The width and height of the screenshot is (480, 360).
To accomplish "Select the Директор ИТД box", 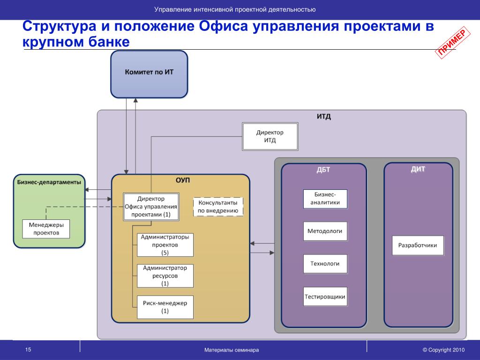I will (x=270, y=136).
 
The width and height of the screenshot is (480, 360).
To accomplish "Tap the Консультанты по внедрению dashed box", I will (x=218, y=207).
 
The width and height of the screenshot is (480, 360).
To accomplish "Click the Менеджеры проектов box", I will (x=46, y=229).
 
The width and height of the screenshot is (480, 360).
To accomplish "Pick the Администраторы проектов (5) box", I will (x=165, y=245).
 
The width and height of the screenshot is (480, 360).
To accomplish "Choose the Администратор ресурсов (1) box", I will (x=165, y=276).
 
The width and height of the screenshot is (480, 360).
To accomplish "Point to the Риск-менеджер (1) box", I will (x=165, y=307).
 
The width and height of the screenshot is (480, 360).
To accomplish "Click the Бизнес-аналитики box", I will (x=325, y=199).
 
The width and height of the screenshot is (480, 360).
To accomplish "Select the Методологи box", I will (x=325, y=231).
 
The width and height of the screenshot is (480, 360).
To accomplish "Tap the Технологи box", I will (x=325, y=263).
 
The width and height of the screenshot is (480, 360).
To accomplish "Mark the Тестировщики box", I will (x=325, y=296).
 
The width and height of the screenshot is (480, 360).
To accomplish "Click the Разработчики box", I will (x=418, y=245).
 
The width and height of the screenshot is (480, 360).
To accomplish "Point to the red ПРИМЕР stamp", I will (x=453, y=43).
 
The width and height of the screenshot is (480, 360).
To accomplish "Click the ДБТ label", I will (x=323, y=170).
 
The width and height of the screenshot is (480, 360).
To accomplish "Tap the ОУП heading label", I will (x=183, y=180).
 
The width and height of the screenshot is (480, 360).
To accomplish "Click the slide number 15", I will (x=28, y=350).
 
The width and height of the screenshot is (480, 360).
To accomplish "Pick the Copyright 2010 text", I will (x=443, y=350).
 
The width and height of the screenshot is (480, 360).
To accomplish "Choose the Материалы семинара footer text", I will (x=232, y=350).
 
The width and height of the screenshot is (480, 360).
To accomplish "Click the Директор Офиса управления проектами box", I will (x=151, y=206).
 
